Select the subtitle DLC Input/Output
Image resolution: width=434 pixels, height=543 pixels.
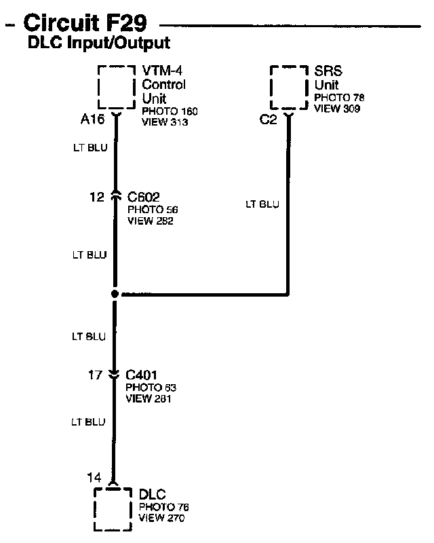pyautogui.click(x=98, y=44)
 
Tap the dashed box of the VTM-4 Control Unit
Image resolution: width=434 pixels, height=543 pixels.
pyautogui.click(x=117, y=87)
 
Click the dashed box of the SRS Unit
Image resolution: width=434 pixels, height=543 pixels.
pyautogui.click(x=290, y=87)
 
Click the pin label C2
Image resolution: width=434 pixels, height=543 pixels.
pyautogui.click(x=268, y=119)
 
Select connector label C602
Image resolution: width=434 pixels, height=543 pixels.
pyautogui.click(x=144, y=198)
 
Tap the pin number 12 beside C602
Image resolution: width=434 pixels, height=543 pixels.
pyautogui.click(x=98, y=198)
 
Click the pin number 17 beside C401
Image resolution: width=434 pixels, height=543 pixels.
pyautogui.click(x=96, y=375)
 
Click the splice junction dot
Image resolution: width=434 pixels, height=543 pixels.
pyautogui.click(x=115, y=295)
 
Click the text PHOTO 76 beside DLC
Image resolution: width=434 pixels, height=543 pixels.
pyautogui.click(x=164, y=507)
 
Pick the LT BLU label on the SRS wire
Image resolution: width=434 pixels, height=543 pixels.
pyautogui.click(x=262, y=204)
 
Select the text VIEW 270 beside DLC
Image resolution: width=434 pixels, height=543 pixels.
pyautogui.click(x=161, y=519)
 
